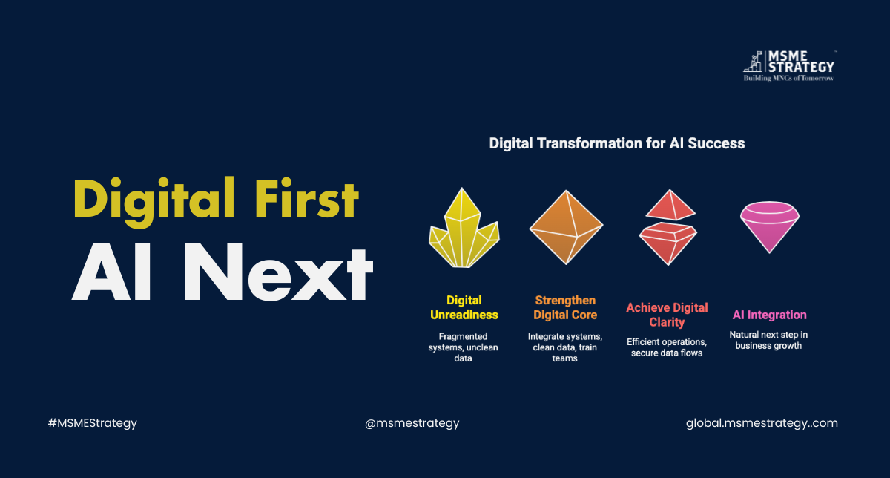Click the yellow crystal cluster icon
click(464, 229)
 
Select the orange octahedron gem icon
click(566, 227)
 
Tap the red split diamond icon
click(668, 227)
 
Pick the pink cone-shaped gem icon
click(770, 227)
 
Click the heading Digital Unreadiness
click(464, 307)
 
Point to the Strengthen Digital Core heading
click(565, 307)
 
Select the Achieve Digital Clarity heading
click(667, 315)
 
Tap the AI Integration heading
click(770, 315)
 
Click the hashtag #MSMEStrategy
click(92, 423)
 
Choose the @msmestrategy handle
click(412, 423)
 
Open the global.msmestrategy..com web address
click(762, 423)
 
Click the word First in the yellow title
click(307, 198)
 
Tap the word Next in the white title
click(278, 272)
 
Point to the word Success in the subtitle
click(716, 143)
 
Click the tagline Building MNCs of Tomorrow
click(788, 79)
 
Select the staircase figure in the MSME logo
click(753, 62)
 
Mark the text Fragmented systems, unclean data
click(464, 347)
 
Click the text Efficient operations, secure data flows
click(667, 347)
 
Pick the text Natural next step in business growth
click(768, 340)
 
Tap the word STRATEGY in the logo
click(801, 67)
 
